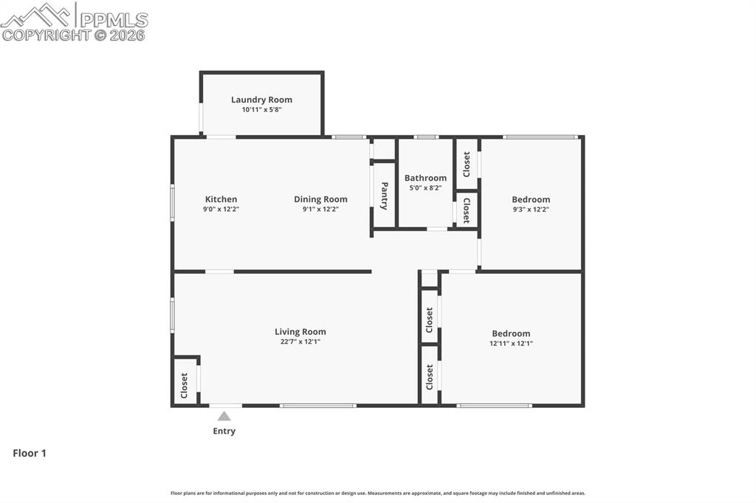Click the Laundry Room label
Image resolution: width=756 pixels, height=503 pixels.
pos(261,100)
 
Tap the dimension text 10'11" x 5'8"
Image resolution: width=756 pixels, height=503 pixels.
pos(261,110)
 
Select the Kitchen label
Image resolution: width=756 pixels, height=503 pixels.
pos(221,199)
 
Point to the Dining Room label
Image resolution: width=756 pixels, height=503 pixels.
pos(320,199)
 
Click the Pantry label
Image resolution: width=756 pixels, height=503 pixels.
pos(384,196)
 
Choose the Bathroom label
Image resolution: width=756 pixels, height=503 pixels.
pos(425,178)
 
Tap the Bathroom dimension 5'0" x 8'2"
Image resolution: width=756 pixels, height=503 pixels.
pos(425,188)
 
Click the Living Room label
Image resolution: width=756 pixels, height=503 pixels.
pos(300,332)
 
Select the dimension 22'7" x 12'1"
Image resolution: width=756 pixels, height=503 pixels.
pos(300,341)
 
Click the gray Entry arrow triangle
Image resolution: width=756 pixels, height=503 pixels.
pos(224,416)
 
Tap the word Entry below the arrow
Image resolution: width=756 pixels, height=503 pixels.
pos(224,431)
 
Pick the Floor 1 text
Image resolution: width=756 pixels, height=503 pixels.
pos(30,454)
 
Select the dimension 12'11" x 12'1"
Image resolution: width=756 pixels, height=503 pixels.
pos(511,343)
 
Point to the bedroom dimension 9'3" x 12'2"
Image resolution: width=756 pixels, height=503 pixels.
pos(531,209)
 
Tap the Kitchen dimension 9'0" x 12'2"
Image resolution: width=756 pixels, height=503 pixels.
pos(221,209)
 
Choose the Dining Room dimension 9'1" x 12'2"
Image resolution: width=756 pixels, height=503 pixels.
pos(320,209)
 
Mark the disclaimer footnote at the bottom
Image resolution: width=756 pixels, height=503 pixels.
pos(378,493)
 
